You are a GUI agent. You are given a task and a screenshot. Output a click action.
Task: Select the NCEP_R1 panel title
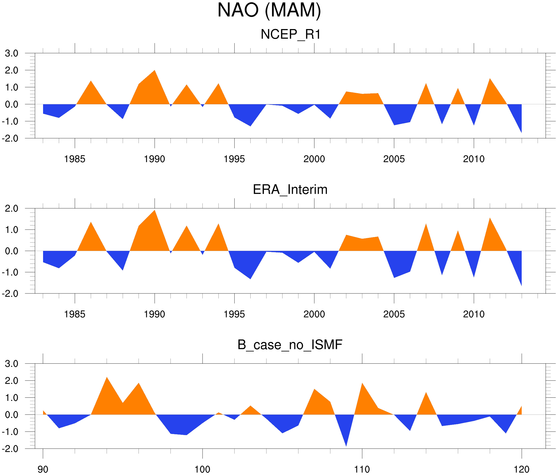point(291,35)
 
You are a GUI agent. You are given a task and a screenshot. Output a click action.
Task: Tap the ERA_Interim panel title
point(290,190)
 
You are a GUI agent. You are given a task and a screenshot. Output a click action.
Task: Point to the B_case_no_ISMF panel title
point(290,345)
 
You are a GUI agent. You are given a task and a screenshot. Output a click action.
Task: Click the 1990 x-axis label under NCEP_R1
point(154,159)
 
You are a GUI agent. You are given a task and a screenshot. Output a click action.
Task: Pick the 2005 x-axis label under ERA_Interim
point(394,314)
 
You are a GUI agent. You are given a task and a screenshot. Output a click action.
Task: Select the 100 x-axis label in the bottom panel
point(202,469)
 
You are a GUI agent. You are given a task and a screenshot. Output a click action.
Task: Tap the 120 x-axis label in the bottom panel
point(522,469)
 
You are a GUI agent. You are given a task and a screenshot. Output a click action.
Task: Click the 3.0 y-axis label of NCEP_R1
point(12,53)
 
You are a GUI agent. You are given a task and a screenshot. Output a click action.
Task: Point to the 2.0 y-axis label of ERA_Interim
point(12,208)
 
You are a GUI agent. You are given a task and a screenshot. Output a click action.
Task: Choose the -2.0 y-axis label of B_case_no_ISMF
point(10,449)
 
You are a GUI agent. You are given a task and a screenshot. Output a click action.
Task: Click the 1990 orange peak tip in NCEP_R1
point(155,71)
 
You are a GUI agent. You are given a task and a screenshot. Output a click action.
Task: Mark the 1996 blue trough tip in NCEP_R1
point(250,126)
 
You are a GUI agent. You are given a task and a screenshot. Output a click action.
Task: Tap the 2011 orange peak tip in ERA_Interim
point(490,218)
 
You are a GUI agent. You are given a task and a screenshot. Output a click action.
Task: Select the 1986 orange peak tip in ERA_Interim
point(91,222)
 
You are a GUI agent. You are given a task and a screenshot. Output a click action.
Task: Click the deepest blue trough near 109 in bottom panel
point(346,446)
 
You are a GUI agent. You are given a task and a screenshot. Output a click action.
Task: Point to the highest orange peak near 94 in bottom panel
point(107,377)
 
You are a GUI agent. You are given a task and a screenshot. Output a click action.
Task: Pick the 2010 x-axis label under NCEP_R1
point(474,159)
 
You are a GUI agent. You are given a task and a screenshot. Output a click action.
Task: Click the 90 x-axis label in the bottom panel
point(43,469)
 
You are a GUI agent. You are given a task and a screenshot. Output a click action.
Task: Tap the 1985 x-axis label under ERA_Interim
point(75,314)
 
